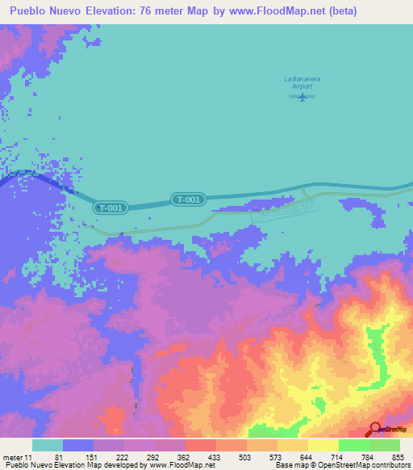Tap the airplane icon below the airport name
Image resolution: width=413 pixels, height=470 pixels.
302,97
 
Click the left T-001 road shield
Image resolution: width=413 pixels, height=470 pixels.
110,208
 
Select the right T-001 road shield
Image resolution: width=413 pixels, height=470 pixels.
189,199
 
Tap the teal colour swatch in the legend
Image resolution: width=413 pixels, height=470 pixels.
48,445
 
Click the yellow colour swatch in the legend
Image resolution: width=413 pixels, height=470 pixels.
323,445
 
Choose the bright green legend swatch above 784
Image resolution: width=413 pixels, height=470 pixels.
354,445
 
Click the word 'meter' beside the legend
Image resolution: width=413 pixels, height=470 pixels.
13,457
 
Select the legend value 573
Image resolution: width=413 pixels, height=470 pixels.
275,457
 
